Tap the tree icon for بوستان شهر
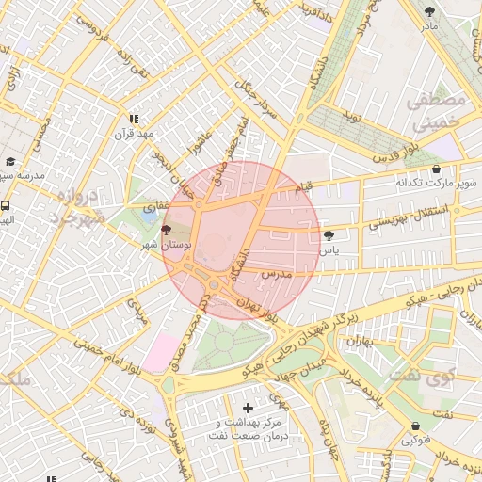point(167,230)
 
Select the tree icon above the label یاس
point(328,235)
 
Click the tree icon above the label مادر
point(430,11)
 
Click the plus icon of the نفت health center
point(248,408)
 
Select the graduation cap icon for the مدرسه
point(10,161)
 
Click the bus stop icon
point(6,205)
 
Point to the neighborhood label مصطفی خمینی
point(433,110)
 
